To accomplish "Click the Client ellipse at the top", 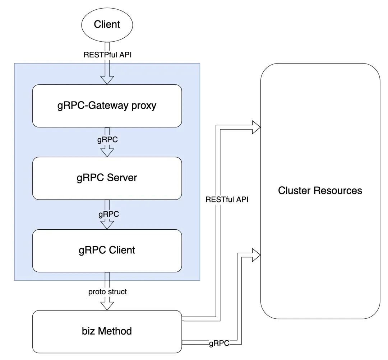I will pos(107,24).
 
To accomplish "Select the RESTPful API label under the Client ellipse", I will pos(107,55).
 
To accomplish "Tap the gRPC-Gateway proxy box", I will pos(107,106).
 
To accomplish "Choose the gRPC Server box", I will pos(107,178).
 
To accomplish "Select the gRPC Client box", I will pos(107,250).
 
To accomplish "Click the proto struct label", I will pos(107,292).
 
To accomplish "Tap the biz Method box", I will pos(107,331).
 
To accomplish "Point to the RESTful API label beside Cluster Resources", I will pos(227,199).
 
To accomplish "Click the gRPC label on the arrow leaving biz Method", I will pos(219,343).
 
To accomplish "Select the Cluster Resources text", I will pos(320,190).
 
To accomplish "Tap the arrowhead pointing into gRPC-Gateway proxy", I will pos(107,80).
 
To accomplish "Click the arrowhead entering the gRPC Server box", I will pos(107,152).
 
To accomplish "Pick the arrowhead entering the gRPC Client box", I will pos(107,225).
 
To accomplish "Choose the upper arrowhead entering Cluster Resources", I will pos(255,127).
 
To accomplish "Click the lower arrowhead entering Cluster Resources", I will pos(255,254).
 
